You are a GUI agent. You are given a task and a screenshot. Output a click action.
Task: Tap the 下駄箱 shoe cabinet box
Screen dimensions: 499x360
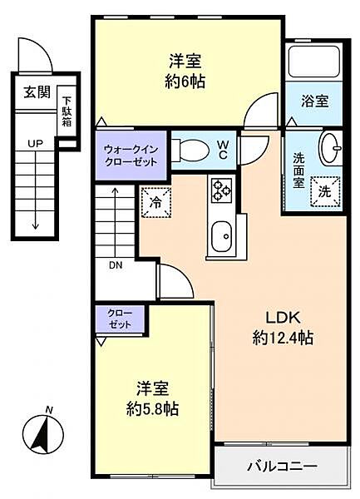pos(66,111)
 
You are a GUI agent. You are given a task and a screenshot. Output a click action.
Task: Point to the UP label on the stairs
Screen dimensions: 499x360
pos(35,143)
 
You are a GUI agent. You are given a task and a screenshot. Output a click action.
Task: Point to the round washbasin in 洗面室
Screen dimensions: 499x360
pos(331,149)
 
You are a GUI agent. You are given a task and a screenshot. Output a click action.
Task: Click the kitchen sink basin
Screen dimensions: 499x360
pos(223,240)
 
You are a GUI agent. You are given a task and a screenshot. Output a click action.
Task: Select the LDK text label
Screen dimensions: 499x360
pos(282,317)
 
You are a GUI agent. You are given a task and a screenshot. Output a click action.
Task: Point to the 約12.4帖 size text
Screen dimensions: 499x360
pos(283,338)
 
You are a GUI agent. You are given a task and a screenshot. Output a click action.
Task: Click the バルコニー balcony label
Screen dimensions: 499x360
pos(281,466)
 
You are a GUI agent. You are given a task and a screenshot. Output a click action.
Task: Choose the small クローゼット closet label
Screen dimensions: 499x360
pos(120,319)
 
